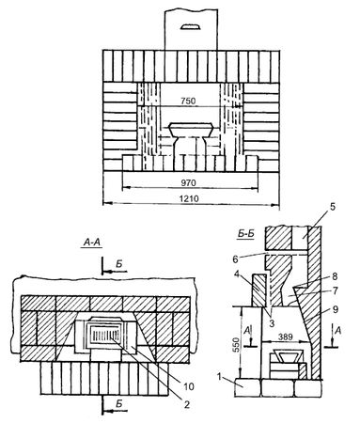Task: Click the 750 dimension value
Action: pos(188,101)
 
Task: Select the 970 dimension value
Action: pos(188,182)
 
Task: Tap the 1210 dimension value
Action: pos(189,198)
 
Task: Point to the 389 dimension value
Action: pos(285,337)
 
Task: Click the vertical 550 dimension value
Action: pos(236,345)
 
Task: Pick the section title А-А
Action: pos(92,243)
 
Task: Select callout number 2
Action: pos(187,404)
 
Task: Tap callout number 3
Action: pos(272,322)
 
